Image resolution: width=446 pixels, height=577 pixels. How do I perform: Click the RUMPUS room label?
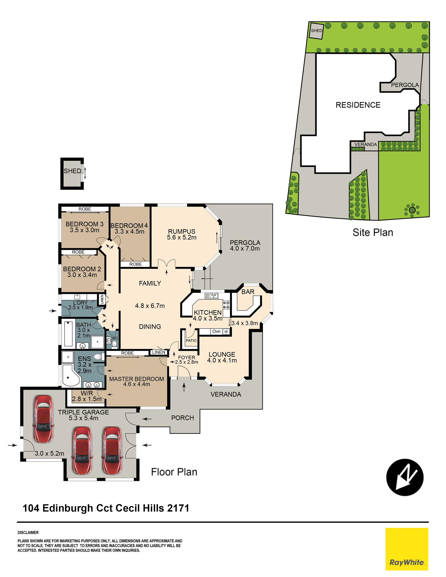(182, 231)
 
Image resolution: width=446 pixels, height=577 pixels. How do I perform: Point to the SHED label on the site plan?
(316, 31)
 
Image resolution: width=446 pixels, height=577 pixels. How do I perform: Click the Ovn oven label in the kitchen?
(216, 331)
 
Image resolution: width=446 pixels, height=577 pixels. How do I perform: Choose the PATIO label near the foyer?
(191, 341)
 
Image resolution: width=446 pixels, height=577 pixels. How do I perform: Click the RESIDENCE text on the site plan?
(358, 105)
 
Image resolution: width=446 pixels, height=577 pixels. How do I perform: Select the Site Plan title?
(373, 232)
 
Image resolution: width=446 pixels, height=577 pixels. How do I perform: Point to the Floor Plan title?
(174, 472)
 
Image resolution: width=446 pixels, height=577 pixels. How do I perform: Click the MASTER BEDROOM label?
(137, 379)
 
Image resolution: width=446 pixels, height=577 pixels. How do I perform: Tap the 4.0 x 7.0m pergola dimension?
(245, 248)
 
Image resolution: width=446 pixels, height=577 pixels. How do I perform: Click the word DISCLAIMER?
(28, 533)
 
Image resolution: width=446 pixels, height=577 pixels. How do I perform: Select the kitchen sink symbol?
(211, 296)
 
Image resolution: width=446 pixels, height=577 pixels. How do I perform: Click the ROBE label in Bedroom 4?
(136, 264)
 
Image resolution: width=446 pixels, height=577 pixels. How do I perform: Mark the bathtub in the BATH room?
(69, 333)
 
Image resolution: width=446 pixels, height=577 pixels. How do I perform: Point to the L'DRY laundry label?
(80, 303)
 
